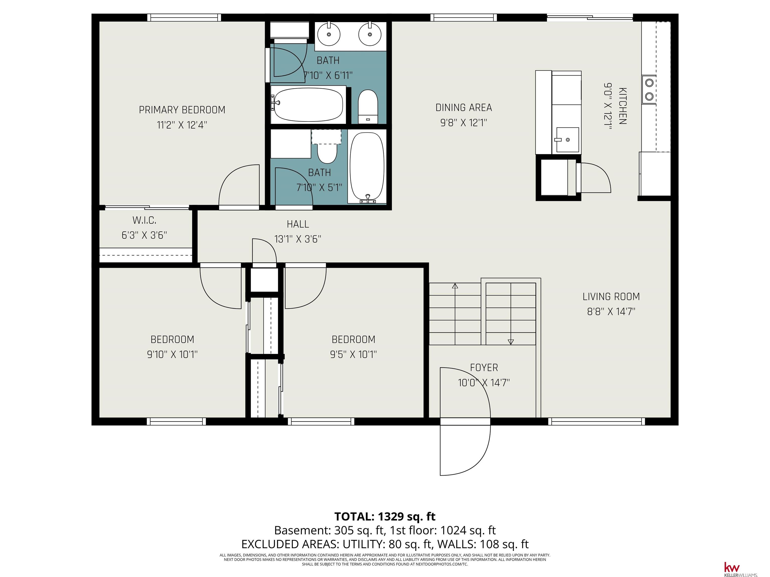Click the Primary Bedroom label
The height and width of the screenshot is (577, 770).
(x=182, y=110)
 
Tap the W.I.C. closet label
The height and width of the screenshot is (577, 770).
(x=144, y=220)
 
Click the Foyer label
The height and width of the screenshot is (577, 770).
(x=484, y=368)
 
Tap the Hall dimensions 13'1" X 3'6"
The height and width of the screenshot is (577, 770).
(x=298, y=239)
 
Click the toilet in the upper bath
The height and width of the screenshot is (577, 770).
(x=368, y=106)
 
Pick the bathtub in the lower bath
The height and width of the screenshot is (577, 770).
(x=367, y=167)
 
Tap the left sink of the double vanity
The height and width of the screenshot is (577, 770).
(x=329, y=34)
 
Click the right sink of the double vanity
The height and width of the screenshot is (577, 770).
(x=370, y=34)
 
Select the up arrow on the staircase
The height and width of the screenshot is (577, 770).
(x=455, y=286)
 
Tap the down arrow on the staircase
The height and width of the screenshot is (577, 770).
(x=511, y=342)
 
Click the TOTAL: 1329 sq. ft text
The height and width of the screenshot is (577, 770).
(x=385, y=516)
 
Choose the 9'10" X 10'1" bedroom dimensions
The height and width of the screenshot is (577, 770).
(x=172, y=354)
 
